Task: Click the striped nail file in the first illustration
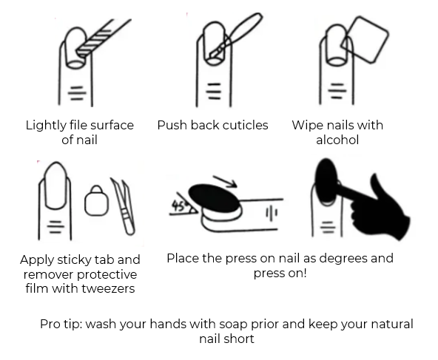[x=104, y=38]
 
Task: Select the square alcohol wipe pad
[x=365, y=39]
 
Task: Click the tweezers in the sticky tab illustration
[x=123, y=206]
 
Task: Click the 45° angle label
[x=179, y=206]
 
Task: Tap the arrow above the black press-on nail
[x=225, y=181]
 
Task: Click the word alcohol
[x=337, y=140]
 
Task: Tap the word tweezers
[x=108, y=288]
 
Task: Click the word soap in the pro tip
[x=233, y=325]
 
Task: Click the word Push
[x=172, y=126]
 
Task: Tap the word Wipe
[x=306, y=126]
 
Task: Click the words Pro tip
[x=61, y=325]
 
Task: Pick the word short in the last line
[x=241, y=339]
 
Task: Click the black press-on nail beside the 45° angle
[x=214, y=198]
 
